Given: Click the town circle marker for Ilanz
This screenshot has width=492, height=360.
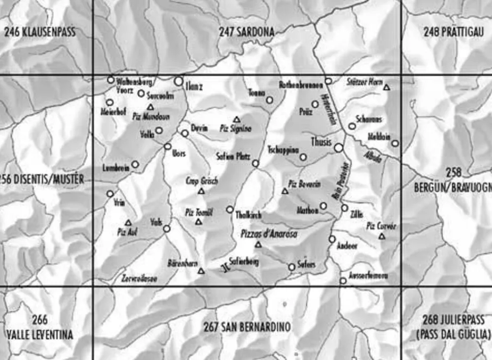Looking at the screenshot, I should coord(179,81).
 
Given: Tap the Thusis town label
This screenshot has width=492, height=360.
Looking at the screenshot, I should coord(321,142).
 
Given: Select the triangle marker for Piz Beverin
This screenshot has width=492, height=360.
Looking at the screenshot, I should coord(285,191).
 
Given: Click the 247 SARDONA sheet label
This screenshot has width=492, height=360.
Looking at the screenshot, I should coord(246,33).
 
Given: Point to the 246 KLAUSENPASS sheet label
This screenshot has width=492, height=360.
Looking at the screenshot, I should coord(40,33).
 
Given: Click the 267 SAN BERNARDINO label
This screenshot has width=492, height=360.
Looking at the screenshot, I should coord(246,327).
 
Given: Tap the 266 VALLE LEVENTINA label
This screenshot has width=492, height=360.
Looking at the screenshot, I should coord(40,328).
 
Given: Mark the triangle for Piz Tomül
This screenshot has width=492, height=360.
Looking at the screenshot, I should coord(199,222).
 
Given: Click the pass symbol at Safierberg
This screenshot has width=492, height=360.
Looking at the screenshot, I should coord(225,268).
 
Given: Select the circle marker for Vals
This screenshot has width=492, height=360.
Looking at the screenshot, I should coord(167,229).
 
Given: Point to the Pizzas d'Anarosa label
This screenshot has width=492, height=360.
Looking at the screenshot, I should coord(269,234).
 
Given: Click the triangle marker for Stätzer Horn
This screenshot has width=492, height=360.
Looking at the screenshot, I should coord(387,88).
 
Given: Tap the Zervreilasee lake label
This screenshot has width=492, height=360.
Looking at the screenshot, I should coord(139,279).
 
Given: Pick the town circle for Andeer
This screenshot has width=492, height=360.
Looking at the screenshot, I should coord(332,239).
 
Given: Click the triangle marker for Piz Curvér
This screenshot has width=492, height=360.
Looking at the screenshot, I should coord(382,236).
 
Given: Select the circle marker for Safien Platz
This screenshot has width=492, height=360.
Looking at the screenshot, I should coord(255,164).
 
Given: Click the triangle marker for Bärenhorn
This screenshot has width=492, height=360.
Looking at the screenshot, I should coord(201,271).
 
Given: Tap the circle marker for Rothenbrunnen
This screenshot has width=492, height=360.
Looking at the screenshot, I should coord(328,81).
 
